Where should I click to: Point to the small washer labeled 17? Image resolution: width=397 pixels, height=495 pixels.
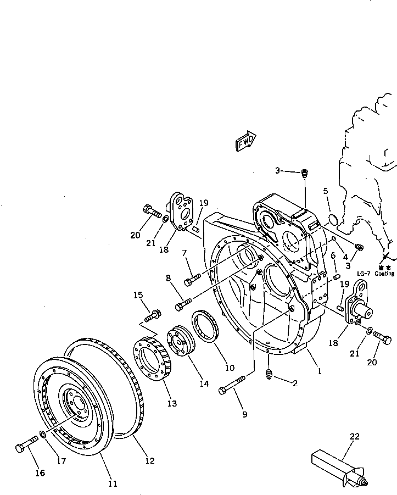[43, 436]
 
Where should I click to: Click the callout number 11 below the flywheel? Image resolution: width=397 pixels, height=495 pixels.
[112, 483]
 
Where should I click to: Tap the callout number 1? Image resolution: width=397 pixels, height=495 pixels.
[319, 371]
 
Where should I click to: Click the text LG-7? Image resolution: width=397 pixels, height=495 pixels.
[364, 273]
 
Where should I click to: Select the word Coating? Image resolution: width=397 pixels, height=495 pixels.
[385, 273]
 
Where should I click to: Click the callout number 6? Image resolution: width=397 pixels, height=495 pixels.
[333, 255]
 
